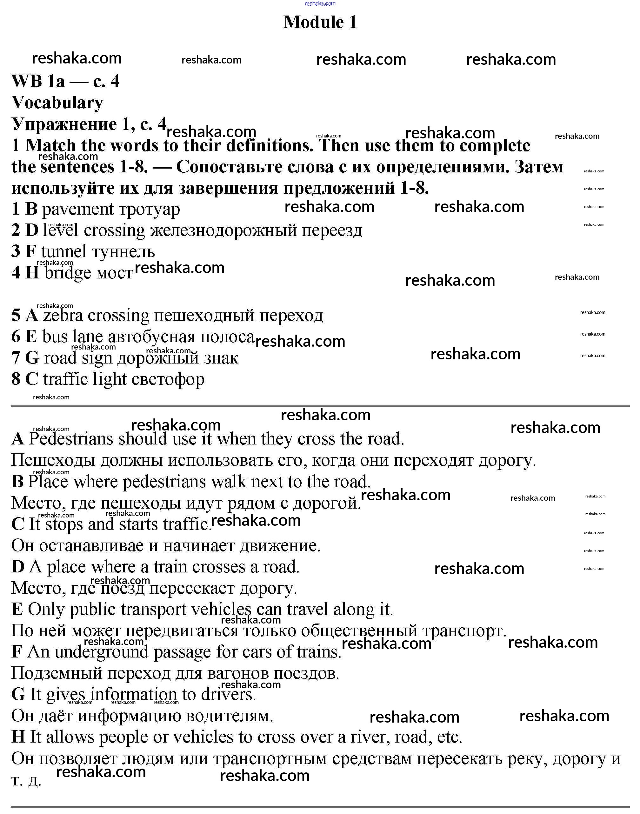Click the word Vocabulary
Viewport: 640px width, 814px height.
tap(57, 103)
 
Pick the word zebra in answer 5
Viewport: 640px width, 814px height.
tap(63, 315)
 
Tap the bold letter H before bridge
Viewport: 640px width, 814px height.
tap(32, 272)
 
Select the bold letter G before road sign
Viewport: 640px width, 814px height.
tap(32, 358)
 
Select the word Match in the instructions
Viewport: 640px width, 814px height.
tap(50, 145)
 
